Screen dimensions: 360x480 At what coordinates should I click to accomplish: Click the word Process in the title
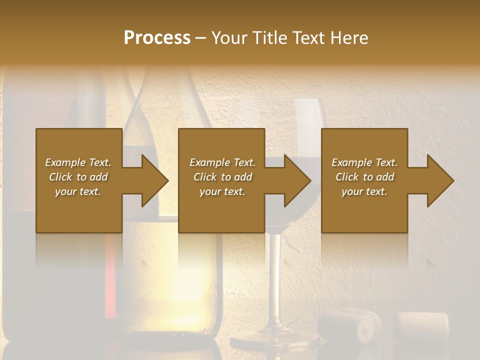(x=157, y=37)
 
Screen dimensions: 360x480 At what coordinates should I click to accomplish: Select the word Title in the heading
(x=266, y=37)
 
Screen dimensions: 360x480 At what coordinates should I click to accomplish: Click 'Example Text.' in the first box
(x=78, y=162)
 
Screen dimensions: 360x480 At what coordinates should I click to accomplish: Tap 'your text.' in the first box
(x=78, y=191)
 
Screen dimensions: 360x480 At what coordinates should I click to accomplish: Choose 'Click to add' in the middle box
(x=222, y=177)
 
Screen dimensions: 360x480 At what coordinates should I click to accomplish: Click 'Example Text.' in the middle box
(x=222, y=162)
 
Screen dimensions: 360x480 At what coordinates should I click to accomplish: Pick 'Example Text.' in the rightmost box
(x=364, y=162)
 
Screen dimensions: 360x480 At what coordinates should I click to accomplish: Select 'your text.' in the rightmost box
(x=364, y=191)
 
